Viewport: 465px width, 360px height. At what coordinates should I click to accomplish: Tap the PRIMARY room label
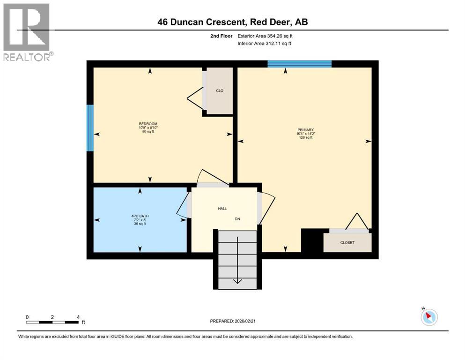[x=305, y=130]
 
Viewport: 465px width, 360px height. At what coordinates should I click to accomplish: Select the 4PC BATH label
[x=140, y=216]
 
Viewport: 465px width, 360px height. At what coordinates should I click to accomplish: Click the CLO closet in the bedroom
[x=219, y=91]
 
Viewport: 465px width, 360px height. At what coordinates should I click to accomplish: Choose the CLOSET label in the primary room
[x=347, y=242]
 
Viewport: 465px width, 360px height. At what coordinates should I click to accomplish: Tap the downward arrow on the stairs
[x=237, y=280]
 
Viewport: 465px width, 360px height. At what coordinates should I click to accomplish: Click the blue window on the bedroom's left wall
[x=90, y=128]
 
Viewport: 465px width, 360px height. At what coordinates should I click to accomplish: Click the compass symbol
[x=429, y=317]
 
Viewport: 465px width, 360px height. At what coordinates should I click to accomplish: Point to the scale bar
[x=52, y=322]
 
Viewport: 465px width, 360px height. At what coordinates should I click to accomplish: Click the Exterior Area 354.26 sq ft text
[x=266, y=36]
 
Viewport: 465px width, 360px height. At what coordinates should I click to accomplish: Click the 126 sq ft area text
[x=305, y=137]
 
